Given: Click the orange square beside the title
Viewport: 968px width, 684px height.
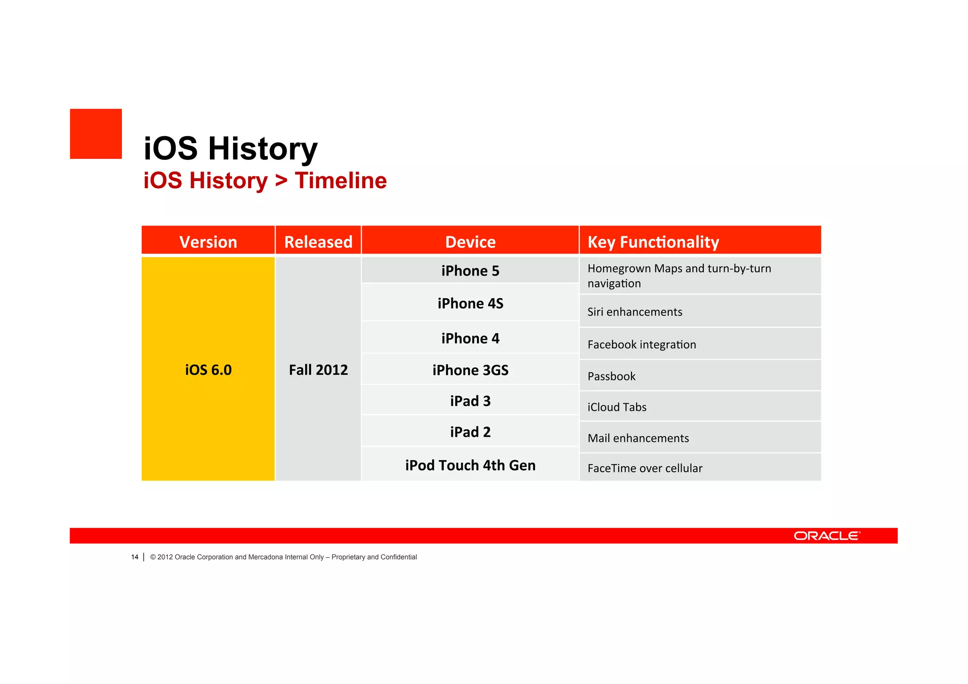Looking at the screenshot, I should pos(96,134).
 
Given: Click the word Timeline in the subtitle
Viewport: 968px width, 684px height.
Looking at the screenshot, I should pos(340,181).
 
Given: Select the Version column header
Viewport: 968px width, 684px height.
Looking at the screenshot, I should pos(208,242).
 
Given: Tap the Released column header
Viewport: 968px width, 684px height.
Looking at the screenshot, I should pos(318,242).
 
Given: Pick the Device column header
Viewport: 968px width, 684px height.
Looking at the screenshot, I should pos(470,242).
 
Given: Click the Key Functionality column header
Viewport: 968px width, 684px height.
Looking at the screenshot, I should pos(653,242).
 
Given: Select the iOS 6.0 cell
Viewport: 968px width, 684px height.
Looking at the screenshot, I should pos(208,370).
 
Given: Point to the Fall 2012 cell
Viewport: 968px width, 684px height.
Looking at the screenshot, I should pos(318,370).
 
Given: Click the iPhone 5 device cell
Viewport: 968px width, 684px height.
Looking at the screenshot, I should pos(470,271).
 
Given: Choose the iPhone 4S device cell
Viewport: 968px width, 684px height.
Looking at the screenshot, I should pos(470,303).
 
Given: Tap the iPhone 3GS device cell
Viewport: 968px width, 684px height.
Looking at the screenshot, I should pos(470,370).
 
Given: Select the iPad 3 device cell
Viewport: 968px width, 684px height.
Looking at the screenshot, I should pos(470,401).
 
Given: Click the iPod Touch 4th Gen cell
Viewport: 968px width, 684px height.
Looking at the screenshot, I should pos(470,465).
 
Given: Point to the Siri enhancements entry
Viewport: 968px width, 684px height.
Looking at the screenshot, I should pos(634,312).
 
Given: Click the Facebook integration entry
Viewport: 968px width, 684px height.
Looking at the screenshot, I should pos(641,345).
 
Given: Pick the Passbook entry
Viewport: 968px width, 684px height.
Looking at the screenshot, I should pos(611,376).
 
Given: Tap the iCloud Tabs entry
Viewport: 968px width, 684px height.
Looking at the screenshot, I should pos(616,407).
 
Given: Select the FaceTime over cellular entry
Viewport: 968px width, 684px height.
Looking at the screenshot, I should pos(645,468).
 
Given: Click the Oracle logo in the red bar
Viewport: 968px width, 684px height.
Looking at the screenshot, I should pos(827,536).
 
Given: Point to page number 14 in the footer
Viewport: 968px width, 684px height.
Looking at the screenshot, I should pos(135,557).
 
